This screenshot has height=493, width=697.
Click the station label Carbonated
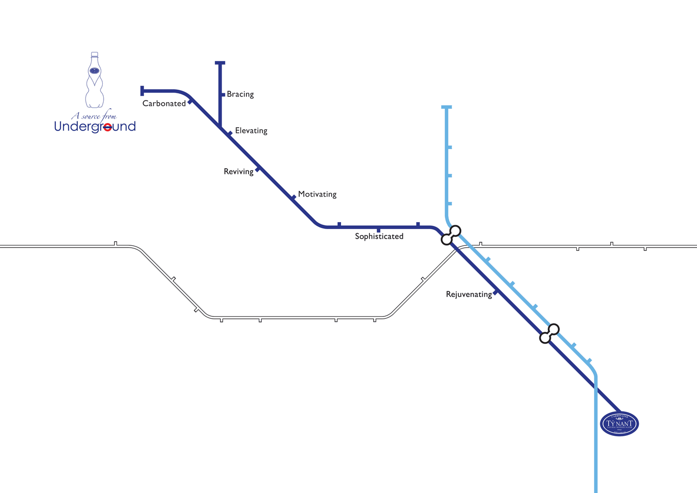tap(164, 104)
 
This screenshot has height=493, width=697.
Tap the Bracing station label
tap(240, 94)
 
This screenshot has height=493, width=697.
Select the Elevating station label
tap(251, 131)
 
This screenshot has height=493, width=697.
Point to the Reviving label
tap(238, 172)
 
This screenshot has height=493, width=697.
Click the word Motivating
tap(317, 194)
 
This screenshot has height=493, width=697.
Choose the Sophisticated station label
tap(379, 237)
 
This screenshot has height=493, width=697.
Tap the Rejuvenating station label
tap(469, 295)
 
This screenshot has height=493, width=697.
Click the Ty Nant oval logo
tap(619, 423)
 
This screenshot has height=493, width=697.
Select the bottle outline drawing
tap(94, 80)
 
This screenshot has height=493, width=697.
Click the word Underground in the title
tap(95, 126)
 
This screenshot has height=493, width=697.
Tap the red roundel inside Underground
tap(107, 127)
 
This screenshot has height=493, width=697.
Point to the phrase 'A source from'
tap(94, 116)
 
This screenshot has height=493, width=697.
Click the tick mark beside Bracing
tap(223, 95)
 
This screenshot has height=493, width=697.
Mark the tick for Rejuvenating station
tap(495, 292)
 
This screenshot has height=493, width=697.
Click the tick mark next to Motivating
tap(294, 197)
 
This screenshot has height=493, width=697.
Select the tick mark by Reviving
tap(258, 170)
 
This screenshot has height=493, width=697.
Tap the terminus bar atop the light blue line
tap(447, 107)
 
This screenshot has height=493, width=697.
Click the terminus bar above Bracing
tap(220, 63)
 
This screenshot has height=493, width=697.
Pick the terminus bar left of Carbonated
tap(142, 91)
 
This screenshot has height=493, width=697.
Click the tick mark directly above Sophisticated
tap(379, 230)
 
